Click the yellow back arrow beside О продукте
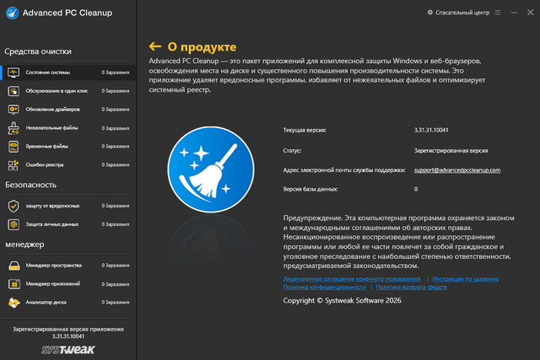point(154,46)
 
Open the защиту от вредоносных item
point(52,206)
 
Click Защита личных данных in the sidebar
point(52,224)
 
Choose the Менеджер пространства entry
point(53,266)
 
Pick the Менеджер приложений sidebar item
point(52,284)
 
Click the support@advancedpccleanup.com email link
point(457,170)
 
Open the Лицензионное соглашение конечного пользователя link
point(351,277)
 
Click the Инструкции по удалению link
point(467,277)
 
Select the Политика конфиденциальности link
point(325,287)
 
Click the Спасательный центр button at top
point(460,13)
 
